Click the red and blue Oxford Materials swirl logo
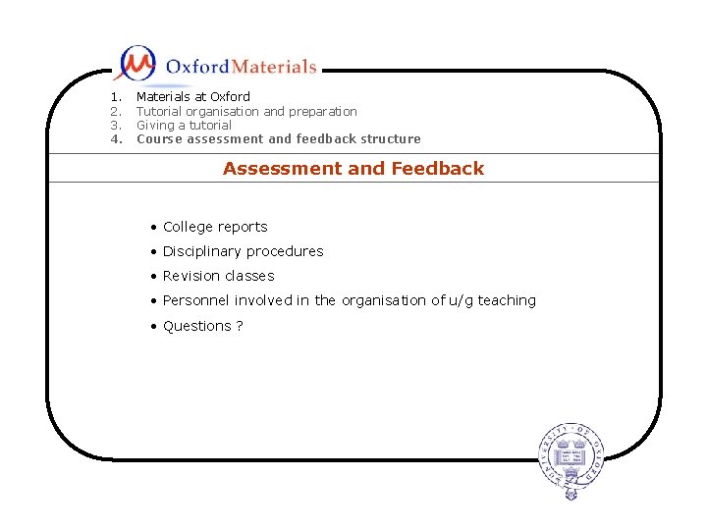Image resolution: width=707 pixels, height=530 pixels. pyautogui.click(x=136, y=64)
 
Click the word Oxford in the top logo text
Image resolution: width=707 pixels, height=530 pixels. pyautogui.click(x=197, y=67)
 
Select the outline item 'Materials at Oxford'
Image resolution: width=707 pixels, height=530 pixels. pyautogui.click(x=192, y=97)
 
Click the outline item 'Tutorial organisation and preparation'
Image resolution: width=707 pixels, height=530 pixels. pyautogui.click(x=246, y=112)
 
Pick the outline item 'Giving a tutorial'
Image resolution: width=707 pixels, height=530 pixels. pyautogui.click(x=184, y=126)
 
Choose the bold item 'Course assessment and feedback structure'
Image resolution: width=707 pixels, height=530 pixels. pyautogui.click(x=278, y=139)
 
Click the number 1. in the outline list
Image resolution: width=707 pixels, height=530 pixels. pyautogui.click(x=116, y=97)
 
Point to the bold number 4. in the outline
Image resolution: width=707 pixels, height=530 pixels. pyautogui.click(x=116, y=139)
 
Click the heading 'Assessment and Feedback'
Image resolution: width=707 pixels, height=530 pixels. pyautogui.click(x=353, y=169)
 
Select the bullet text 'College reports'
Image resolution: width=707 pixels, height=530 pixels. pyautogui.click(x=215, y=227)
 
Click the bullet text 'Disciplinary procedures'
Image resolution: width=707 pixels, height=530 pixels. pyautogui.click(x=243, y=251)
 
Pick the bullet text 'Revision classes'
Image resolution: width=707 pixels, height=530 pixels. pyautogui.click(x=218, y=277)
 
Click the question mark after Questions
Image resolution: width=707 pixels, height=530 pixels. pyautogui.click(x=239, y=326)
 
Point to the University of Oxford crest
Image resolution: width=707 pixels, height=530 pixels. pyautogui.click(x=571, y=454)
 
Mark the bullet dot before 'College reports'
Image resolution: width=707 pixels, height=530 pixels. pyautogui.click(x=154, y=228)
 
